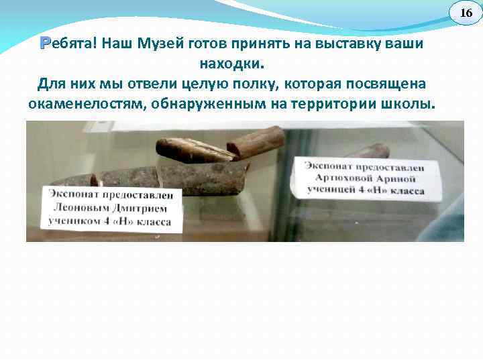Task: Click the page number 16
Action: [465, 13]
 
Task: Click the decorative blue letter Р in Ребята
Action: [45, 44]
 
